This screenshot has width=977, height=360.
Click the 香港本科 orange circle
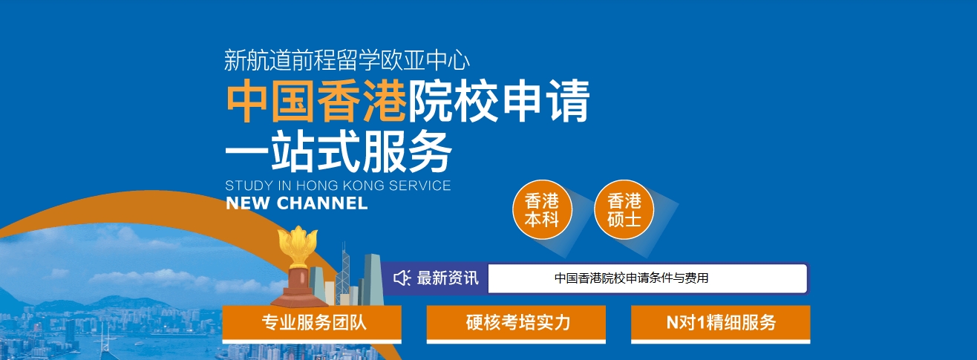coord(542,209)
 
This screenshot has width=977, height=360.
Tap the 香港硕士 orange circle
coord(624,209)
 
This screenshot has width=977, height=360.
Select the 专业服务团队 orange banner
coord(312,323)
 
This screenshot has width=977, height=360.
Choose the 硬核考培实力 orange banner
coord(516,323)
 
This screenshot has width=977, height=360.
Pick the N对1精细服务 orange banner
coord(721,323)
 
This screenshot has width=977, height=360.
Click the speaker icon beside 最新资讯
coord(402,278)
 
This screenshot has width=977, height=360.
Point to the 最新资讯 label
coord(448,278)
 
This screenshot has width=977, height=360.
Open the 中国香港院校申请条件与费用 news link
coord(631,278)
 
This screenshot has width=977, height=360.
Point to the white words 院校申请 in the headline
coord(499,101)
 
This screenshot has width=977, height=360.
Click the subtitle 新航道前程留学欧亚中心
coord(347,60)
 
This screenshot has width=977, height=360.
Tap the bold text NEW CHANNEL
coord(297,203)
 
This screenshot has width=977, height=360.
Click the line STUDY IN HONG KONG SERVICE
coord(338,186)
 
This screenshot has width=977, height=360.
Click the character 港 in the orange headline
coord(385,101)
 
